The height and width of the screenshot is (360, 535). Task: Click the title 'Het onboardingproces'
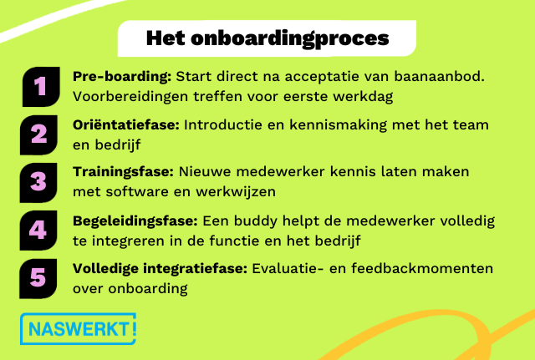[x=267, y=38]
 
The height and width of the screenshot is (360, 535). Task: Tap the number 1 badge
[x=39, y=86]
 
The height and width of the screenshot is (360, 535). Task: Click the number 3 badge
[x=39, y=181]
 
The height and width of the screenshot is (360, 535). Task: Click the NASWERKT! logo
[x=77, y=328]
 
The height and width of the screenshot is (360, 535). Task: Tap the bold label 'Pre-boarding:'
[x=122, y=77]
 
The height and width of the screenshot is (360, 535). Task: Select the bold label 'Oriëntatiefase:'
[x=126, y=124]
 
